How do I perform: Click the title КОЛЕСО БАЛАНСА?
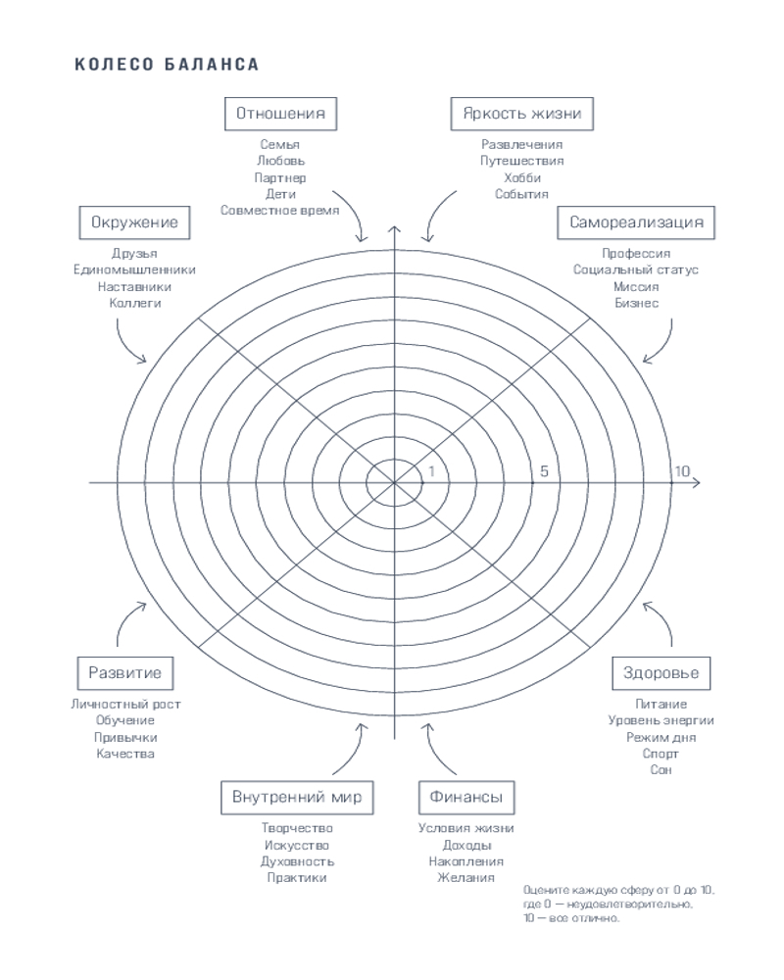coord(167,65)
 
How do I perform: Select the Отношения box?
coord(280,114)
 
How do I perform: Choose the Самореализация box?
coord(637,222)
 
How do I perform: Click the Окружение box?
coord(134,222)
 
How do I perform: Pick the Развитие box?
coord(124,673)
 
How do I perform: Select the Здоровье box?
coord(661,673)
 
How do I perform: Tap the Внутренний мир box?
coord(297,797)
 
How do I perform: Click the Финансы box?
coord(466,797)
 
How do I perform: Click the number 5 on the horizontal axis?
coord(544,471)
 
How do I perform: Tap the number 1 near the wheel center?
coord(431,471)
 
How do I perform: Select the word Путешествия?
coord(522,162)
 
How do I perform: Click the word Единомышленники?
coord(134,270)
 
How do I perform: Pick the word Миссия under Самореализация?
coord(636,287)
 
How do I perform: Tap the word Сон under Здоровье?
coord(661,770)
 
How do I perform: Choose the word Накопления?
coord(466,861)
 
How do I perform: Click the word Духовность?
coord(297,861)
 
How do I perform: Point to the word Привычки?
coord(125,737)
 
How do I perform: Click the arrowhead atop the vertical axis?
coord(394,231)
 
